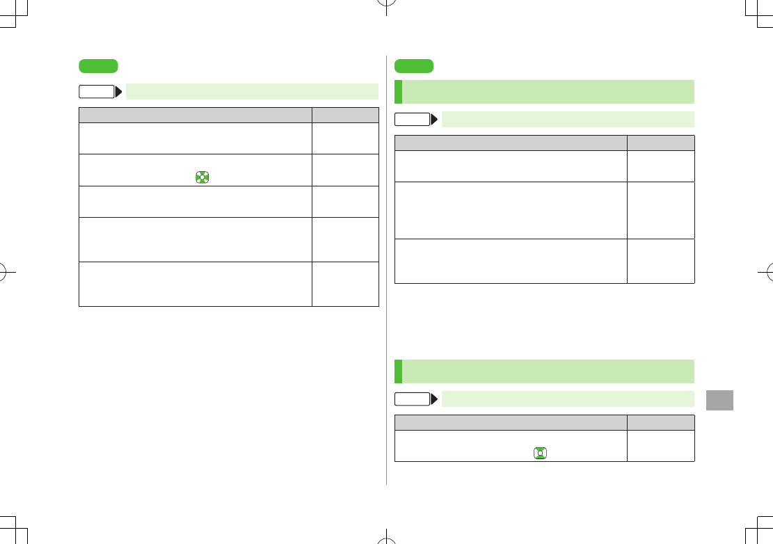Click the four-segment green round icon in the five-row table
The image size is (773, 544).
click(201, 177)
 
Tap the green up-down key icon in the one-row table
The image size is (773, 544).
click(540, 454)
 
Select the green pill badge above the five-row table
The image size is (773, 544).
click(98, 67)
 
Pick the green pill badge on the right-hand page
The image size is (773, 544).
click(413, 67)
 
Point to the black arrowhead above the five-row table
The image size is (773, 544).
click(118, 92)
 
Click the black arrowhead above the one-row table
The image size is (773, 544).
click(434, 399)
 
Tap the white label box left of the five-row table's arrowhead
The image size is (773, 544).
click(96, 92)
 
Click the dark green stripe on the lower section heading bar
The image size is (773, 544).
click(398, 371)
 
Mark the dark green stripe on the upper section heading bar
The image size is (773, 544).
click(398, 92)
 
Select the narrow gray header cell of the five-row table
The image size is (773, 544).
click(345, 115)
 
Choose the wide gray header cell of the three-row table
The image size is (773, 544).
click(511, 143)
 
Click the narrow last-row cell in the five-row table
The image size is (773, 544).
click(345, 284)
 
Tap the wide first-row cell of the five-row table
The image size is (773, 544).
click(196, 138)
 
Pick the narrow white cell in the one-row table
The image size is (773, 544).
click(661, 446)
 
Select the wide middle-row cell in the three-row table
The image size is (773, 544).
click(511, 211)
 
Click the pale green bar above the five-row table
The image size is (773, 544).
click(252, 92)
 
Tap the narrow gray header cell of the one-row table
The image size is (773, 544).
click(661, 422)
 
